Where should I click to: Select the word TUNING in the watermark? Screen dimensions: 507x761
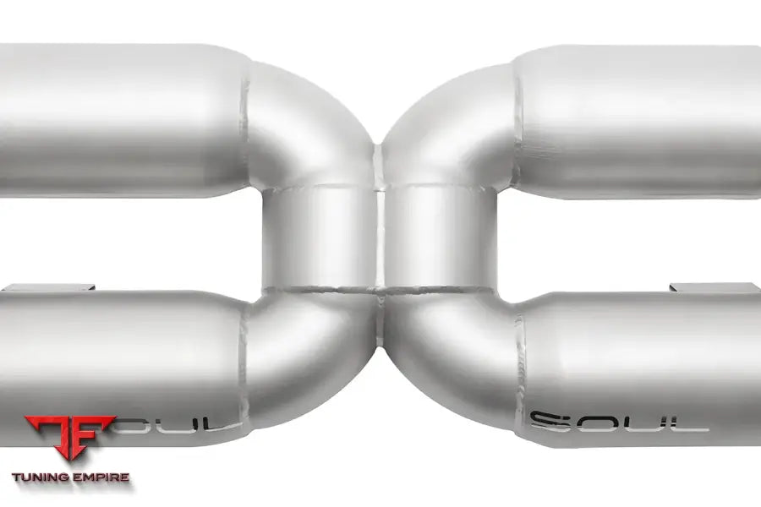click(42, 477)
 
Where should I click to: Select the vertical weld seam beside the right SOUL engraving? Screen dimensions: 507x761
click(519, 380)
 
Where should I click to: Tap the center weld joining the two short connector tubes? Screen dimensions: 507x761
click(380, 237)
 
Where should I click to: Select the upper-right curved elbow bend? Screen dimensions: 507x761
click(448, 127)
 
